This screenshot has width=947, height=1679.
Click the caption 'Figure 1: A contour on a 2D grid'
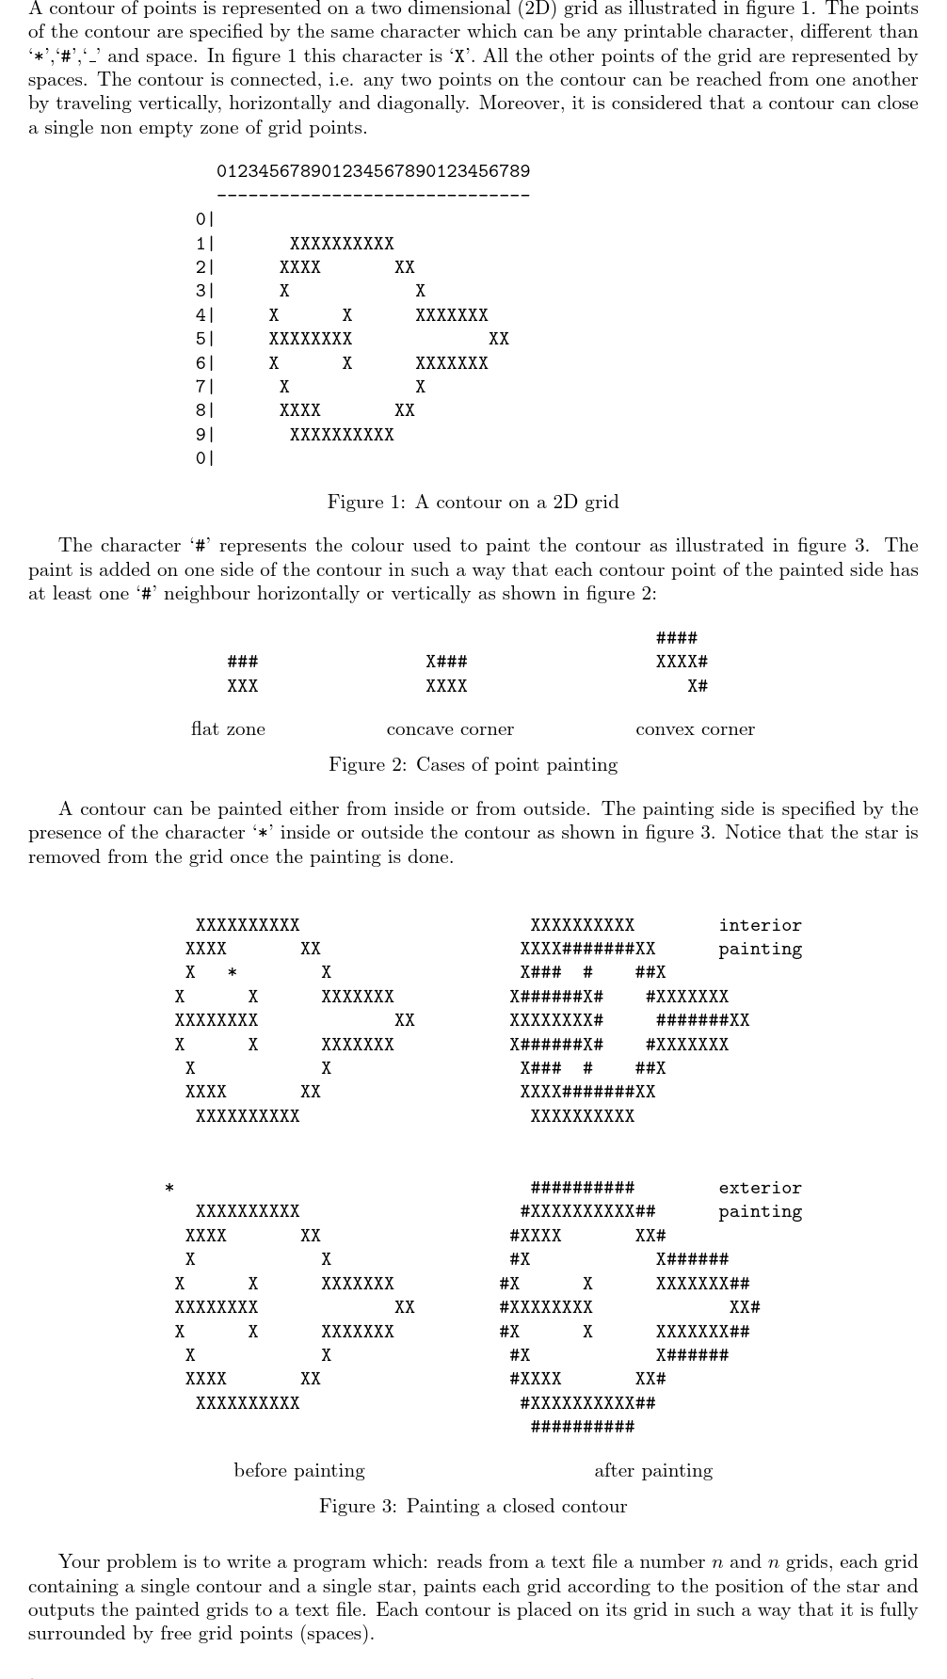[473, 502]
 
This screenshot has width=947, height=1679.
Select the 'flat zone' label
[228, 728]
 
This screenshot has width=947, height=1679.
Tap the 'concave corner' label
[450, 728]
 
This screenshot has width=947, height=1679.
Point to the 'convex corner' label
[695, 728]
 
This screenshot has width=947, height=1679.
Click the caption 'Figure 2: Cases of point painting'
[473, 764]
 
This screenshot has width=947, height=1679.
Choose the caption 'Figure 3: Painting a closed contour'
[473, 1506]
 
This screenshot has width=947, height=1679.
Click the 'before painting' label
[299, 1470]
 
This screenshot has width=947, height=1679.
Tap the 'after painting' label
[653, 1470]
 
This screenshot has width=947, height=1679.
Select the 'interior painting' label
[760, 937]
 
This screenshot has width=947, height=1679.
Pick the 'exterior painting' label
[760, 1200]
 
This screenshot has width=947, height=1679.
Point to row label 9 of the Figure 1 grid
[201, 435]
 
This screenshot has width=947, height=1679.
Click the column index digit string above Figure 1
[373, 171]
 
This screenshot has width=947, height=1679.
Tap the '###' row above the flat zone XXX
[243, 662]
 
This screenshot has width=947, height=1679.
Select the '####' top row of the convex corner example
[676, 638]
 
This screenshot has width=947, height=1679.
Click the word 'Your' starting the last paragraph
[79, 1561]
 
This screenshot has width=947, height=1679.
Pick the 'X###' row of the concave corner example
[446, 662]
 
